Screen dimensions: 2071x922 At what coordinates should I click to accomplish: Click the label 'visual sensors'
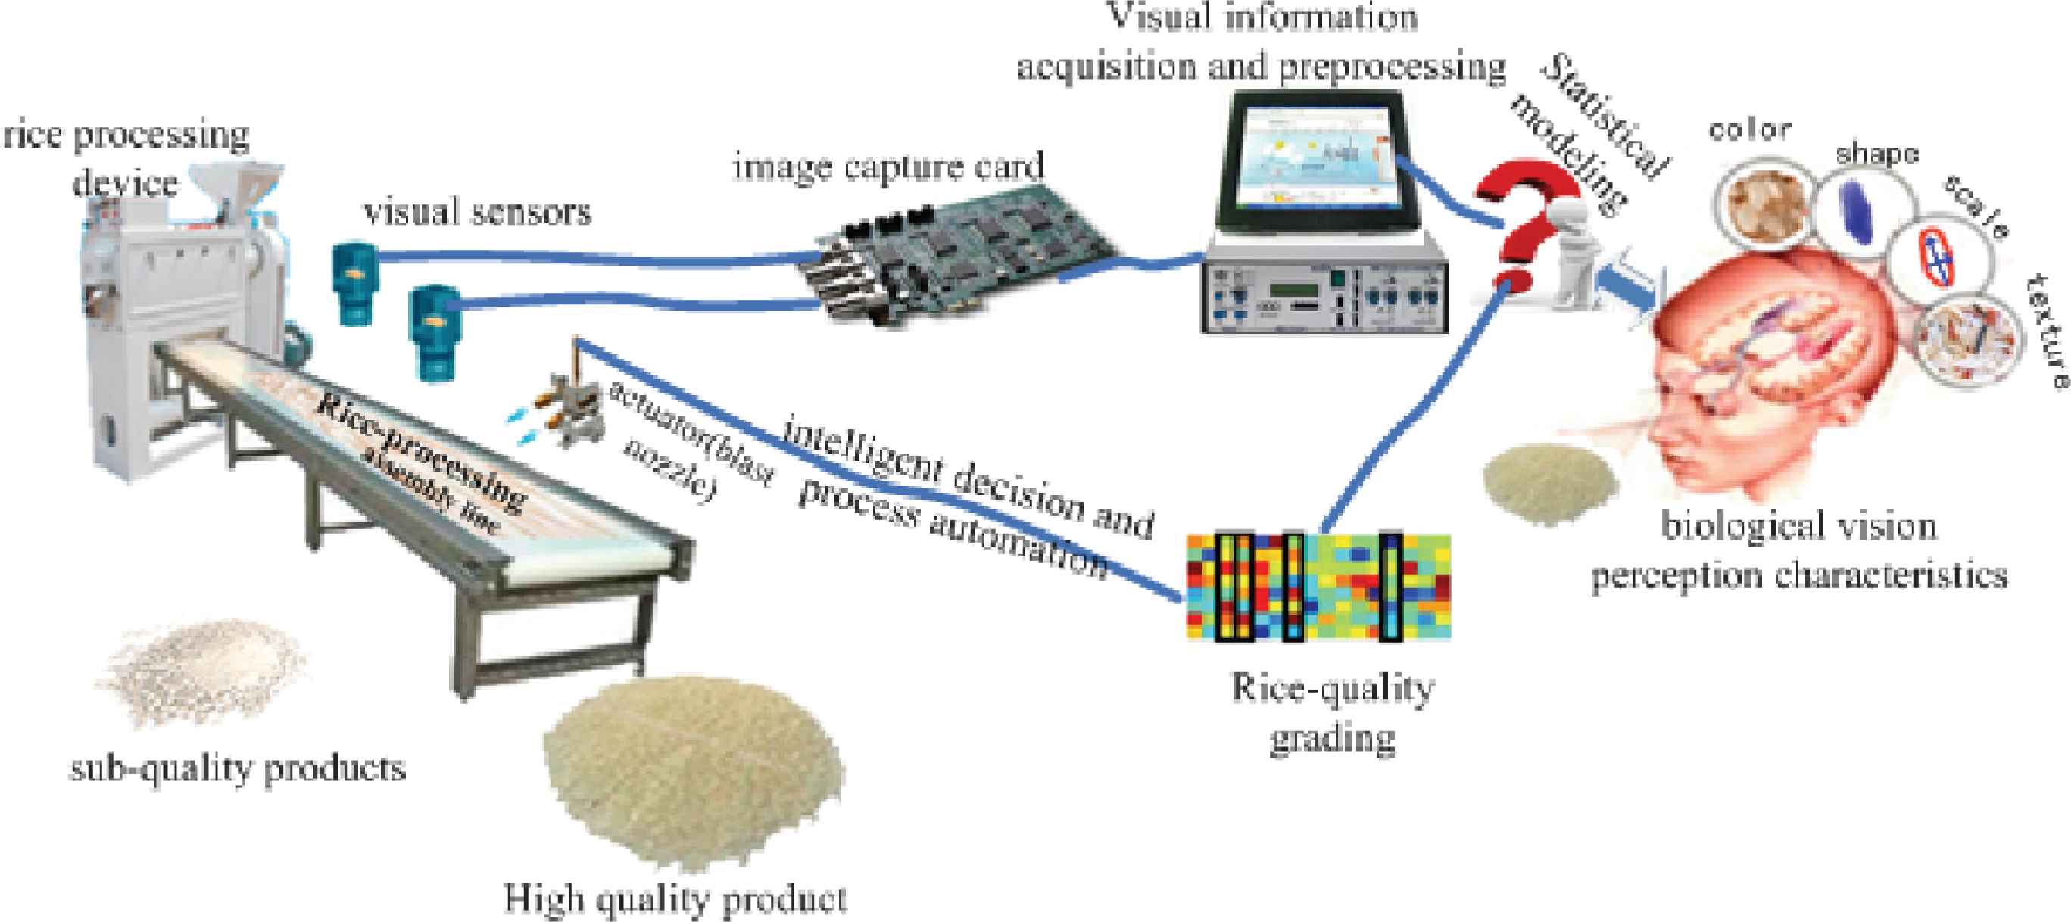coord(478,212)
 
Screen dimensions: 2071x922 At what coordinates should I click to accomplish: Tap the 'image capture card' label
coord(888,166)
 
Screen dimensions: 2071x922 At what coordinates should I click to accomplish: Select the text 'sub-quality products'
coord(238,769)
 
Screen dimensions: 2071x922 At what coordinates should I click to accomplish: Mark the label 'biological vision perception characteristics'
coord(1799,550)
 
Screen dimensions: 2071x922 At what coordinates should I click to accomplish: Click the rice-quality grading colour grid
coord(1318,587)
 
